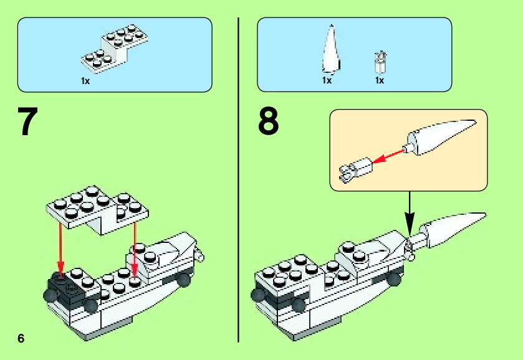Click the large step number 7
point(28,123)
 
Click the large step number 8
point(269,123)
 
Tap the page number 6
point(21,338)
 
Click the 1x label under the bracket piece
point(85,81)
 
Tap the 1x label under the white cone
point(327,81)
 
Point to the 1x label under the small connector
point(379,81)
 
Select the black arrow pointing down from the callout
point(410,212)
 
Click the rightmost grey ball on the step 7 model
point(185,280)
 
